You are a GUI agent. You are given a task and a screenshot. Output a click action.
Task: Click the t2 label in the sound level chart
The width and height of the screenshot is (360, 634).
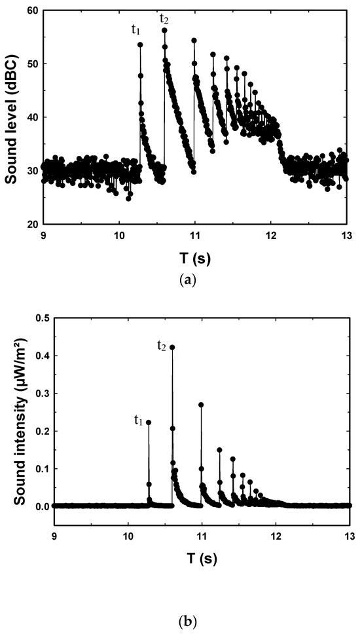[x=165, y=19]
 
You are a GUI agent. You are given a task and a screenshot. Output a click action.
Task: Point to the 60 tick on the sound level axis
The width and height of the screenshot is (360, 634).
[x=30, y=11]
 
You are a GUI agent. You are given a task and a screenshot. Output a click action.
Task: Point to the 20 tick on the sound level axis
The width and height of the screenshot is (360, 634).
[x=30, y=225]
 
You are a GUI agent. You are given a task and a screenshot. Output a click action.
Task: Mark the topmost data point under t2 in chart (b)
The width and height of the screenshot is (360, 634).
[x=172, y=347]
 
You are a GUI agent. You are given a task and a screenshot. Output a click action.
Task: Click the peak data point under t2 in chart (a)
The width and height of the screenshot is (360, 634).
[x=164, y=30]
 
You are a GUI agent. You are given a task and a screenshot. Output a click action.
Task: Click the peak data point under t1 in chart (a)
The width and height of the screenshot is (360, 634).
[x=140, y=45]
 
